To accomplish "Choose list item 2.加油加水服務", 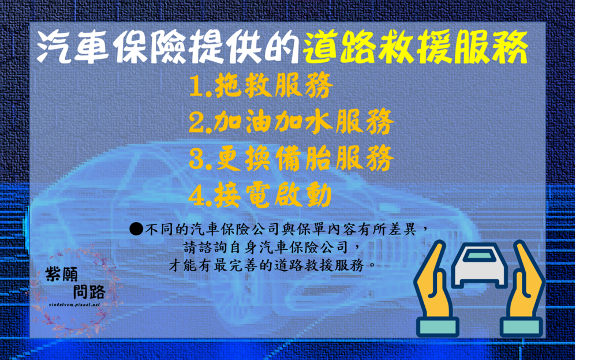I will pos(291,122).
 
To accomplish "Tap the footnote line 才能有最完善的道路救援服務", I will pos(271,266).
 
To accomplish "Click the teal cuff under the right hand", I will pos(521,327).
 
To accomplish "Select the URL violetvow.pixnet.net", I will pos(75,303).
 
